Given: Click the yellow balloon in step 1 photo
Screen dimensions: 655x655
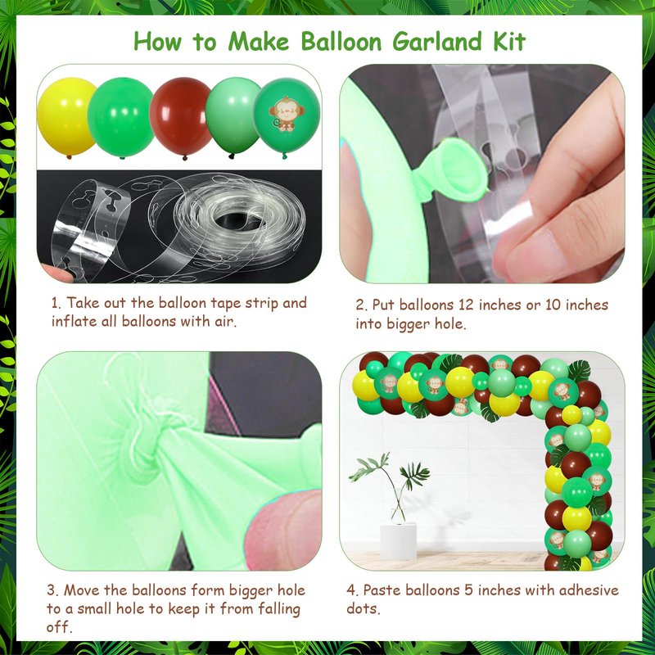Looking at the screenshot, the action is [66, 116].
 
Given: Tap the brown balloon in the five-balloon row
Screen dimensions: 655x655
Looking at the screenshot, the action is [180, 117].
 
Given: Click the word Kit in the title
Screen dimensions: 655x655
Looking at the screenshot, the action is [509, 42].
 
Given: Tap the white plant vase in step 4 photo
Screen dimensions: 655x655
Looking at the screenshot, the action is [399, 540].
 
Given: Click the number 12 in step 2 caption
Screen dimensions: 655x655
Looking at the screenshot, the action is [467, 305].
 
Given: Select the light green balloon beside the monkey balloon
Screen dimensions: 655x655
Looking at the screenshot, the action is [231, 116].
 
